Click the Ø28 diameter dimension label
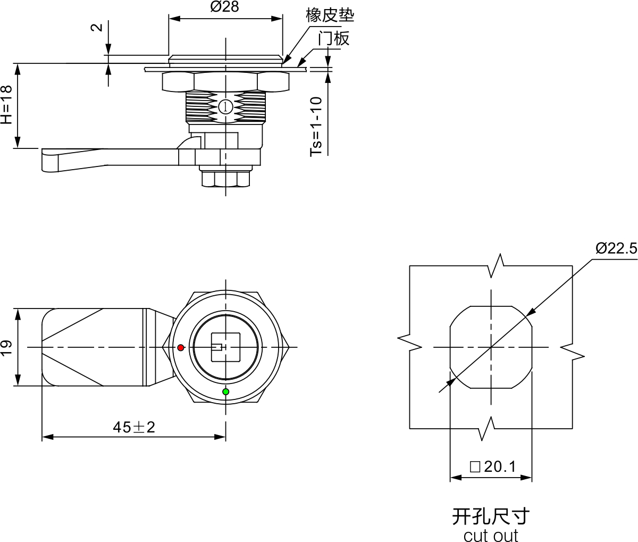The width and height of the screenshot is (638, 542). tap(225, 7)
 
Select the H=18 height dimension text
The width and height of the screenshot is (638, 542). tap(6, 105)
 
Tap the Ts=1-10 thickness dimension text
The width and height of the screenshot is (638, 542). tap(316, 127)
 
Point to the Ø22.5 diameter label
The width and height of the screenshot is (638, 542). tap(616, 248)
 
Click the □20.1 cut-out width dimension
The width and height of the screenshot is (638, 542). tap(493, 467)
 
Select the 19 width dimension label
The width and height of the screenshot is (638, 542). tap(6, 347)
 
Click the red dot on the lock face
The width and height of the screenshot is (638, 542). tap(181, 348)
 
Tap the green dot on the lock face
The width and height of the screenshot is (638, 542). tap(226, 392)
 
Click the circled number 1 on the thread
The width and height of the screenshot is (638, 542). tap(225, 107)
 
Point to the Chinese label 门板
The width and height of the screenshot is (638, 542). tap(333, 38)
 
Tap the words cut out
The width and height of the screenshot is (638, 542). tap(490, 535)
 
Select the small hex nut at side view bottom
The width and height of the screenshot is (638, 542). tap(225, 179)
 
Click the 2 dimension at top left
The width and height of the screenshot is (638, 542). tap(97, 28)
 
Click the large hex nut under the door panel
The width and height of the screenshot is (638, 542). tap(225, 81)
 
